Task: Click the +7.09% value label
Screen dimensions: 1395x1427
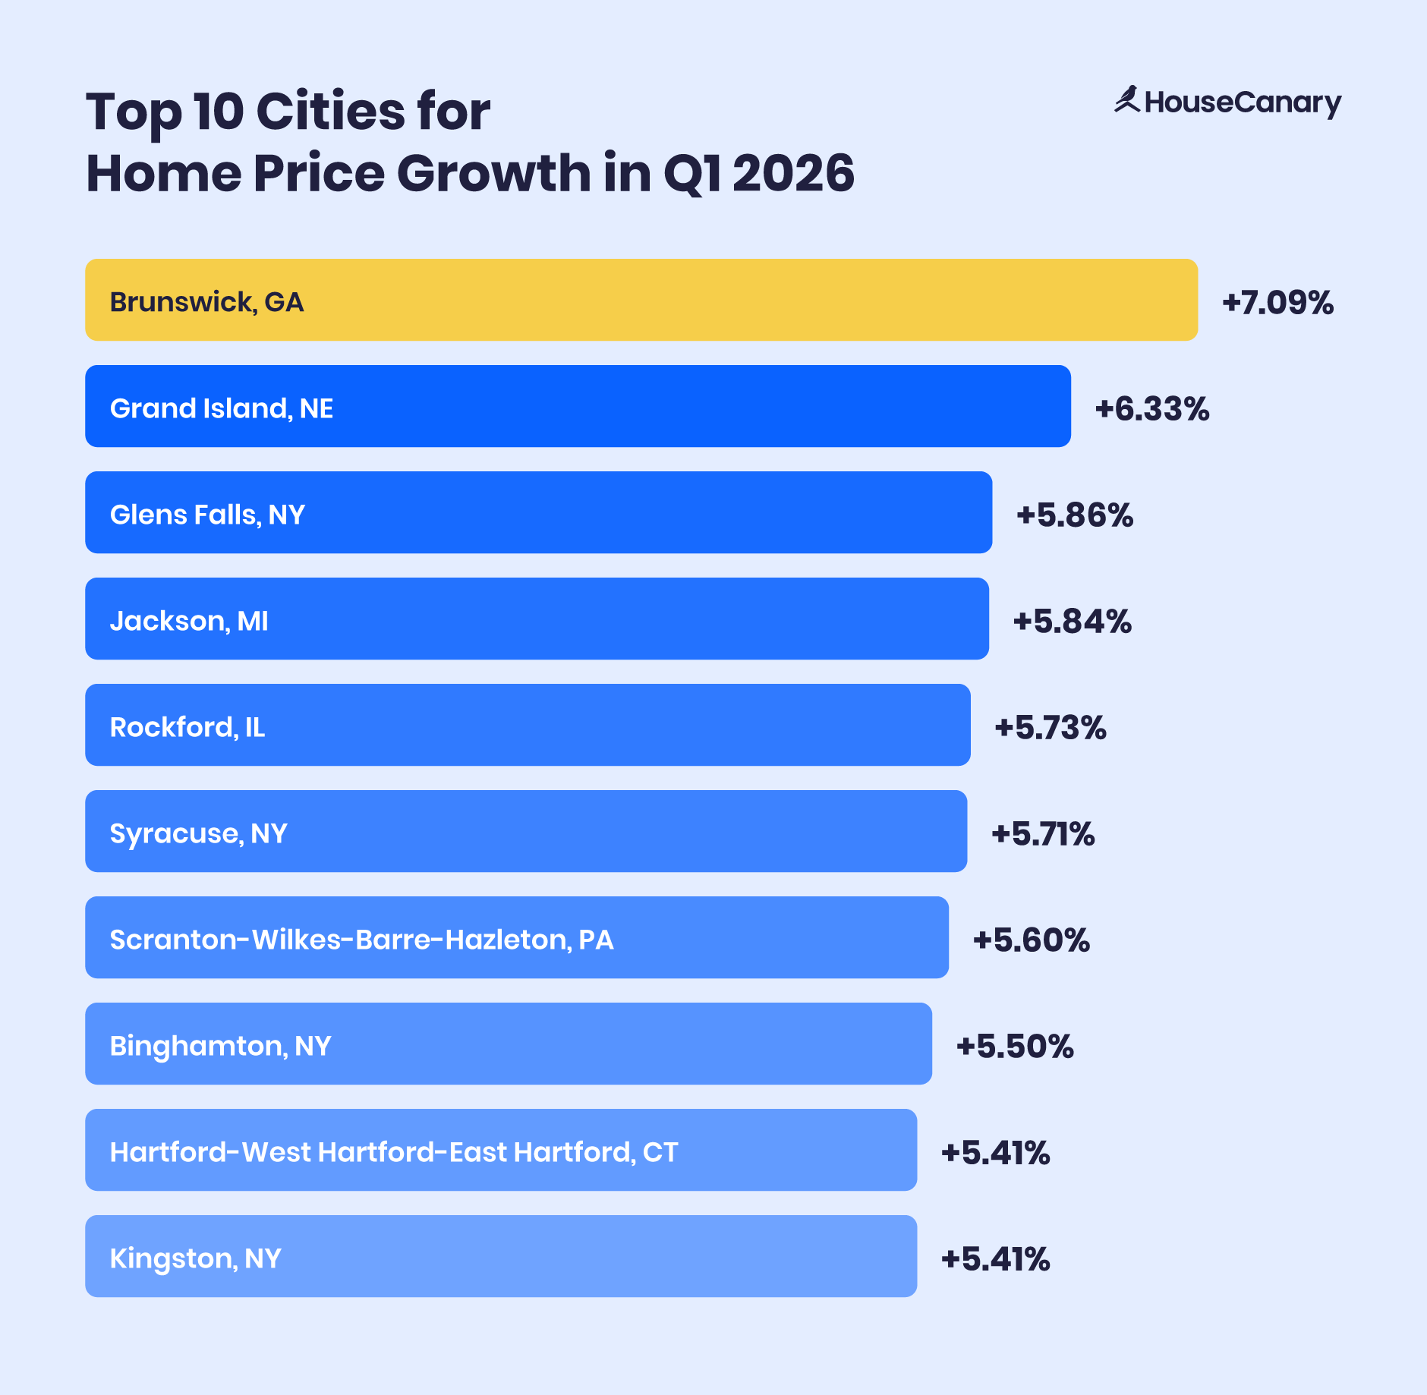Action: point(1277,302)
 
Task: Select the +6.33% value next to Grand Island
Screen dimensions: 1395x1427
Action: point(1151,408)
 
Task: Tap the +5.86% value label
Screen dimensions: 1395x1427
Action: point(1074,515)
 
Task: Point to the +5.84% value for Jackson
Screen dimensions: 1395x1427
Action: point(1072,621)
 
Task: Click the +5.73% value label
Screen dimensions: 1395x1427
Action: point(1050,727)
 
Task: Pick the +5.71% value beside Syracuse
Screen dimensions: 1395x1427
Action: point(1043,833)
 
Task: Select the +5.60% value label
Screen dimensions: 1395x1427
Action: point(1031,940)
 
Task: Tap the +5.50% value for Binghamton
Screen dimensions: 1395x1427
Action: point(1015,1046)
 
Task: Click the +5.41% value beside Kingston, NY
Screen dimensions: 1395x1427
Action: point(995,1258)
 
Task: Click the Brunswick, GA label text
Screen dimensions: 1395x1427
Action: point(206,302)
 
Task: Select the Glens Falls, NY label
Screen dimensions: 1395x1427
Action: point(207,515)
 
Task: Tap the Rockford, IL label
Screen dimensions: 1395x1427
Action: point(187,727)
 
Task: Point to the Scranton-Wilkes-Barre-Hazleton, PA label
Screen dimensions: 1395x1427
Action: point(361,940)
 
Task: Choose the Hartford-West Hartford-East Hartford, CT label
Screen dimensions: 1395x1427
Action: point(393,1152)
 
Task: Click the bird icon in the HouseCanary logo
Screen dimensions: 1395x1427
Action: point(1127,100)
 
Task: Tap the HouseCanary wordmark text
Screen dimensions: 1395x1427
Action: point(1243,102)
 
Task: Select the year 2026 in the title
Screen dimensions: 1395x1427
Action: point(793,173)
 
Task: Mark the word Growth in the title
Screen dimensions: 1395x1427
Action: point(493,173)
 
